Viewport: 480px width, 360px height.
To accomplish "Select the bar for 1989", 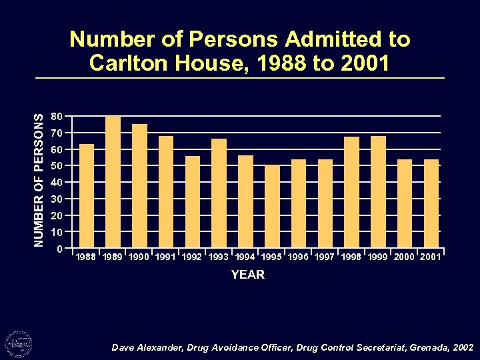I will pyautogui.click(x=113, y=182).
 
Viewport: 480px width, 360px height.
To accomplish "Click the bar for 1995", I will pyautogui.click(x=272, y=207).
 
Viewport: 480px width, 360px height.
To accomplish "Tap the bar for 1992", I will pyautogui.click(x=193, y=202).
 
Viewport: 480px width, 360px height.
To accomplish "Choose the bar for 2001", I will pyautogui.click(x=431, y=203).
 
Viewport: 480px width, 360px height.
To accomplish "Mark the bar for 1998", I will pyautogui.click(x=352, y=193).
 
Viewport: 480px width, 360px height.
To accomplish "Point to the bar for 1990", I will pyautogui.click(x=140, y=186).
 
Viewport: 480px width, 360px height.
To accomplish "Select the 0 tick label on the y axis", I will pyautogui.click(x=60, y=249).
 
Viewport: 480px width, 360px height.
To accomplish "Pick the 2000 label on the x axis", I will pyautogui.click(x=405, y=257).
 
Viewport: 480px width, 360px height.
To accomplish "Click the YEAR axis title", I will pyautogui.click(x=247, y=275).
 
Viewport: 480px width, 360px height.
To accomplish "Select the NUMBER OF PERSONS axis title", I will pyautogui.click(x=40, y=180).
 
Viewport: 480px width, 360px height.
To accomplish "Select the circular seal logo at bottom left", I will pyautogui.click(x=19, y=345).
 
